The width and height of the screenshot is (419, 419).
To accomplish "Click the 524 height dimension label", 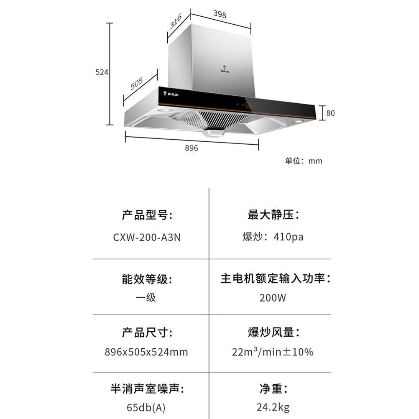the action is coord(102,72).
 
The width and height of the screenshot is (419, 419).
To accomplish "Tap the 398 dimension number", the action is coord(220,15).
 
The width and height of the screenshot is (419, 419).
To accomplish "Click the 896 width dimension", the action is coord(191,148).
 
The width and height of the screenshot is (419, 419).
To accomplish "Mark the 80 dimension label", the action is coord(330,113).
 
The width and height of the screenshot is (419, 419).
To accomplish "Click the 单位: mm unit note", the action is coord(304,161).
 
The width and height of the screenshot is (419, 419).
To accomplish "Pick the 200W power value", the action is coord(273,298).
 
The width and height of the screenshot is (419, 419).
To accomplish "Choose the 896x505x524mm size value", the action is coord(146,352).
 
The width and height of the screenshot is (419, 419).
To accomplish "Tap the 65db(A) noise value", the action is coord(146,407).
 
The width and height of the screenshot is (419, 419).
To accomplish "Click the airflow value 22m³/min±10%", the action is coord(273,352).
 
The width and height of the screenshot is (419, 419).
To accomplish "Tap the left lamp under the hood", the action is coord(164,110).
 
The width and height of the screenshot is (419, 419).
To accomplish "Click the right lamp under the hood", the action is coord(298,121).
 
